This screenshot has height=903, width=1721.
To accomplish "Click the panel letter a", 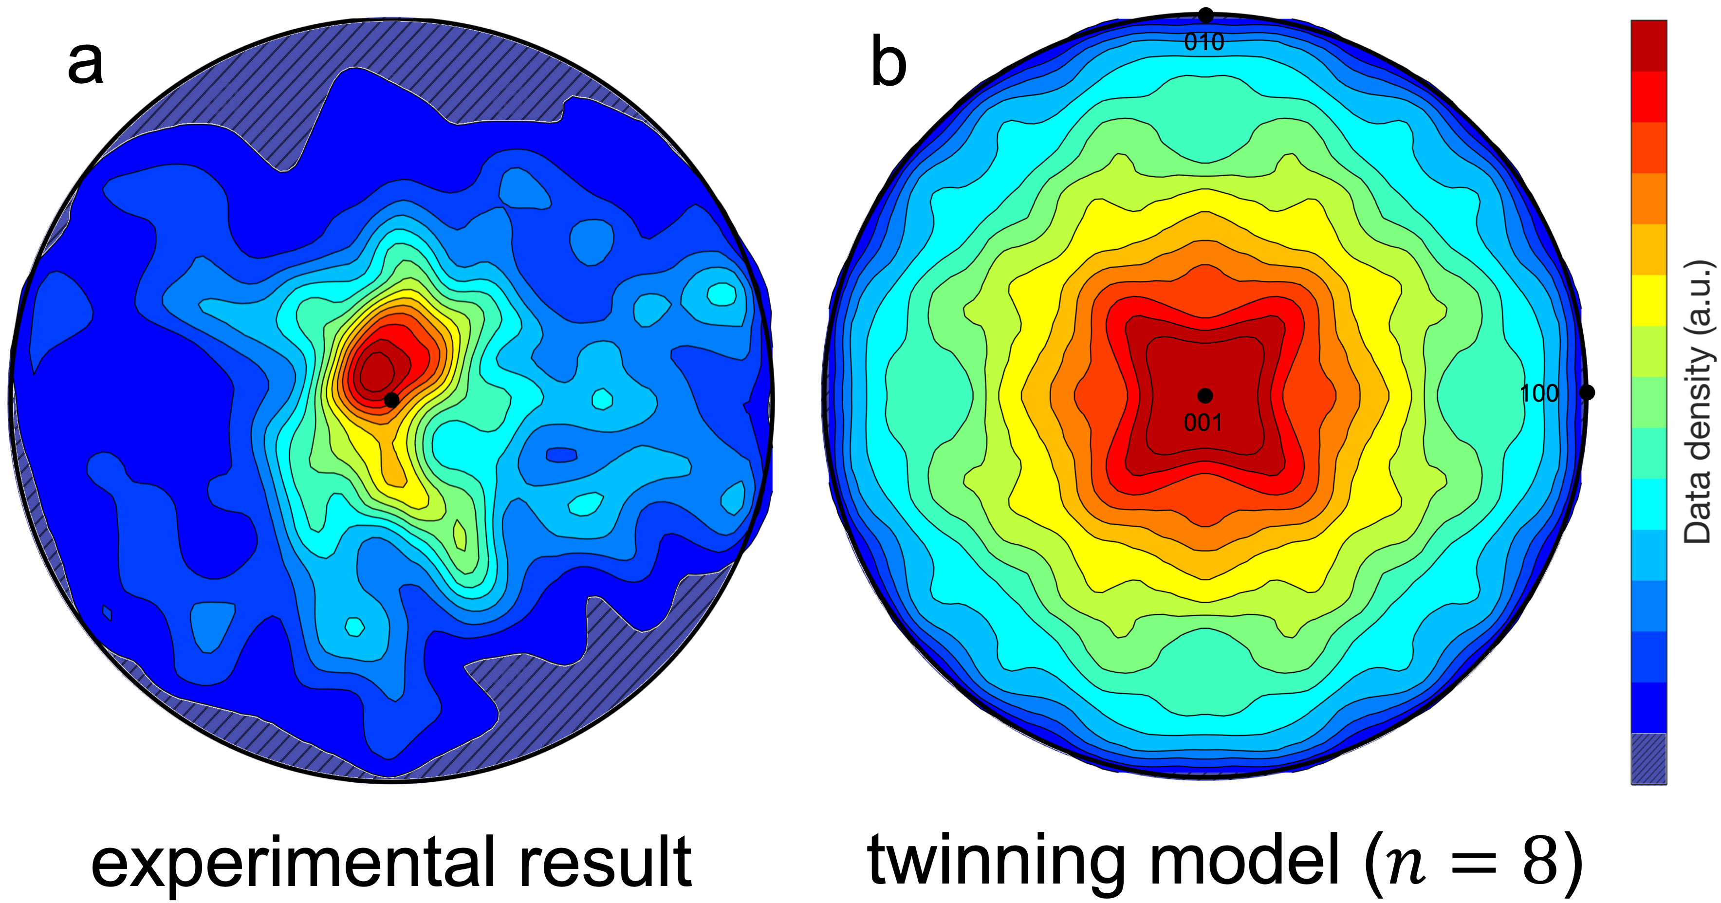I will [x=86, y=65].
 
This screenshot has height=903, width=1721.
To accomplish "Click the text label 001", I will [x=1203, y=423].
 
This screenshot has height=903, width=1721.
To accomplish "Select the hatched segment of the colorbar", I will [x=1648, y=758].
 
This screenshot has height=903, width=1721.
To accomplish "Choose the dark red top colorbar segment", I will [x=1648, y=45].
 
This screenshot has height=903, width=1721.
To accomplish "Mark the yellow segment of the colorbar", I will [x=1648, y=300].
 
